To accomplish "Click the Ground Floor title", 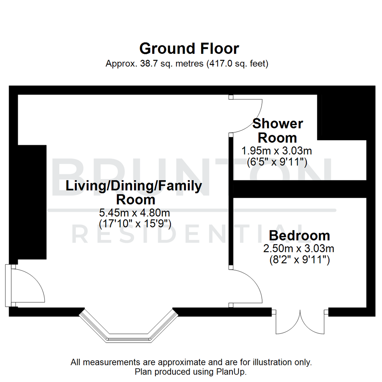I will click(189, 48).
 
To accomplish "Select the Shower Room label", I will click(277, 131).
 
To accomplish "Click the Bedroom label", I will click(299, 235).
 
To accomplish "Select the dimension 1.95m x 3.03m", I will click(276, 151).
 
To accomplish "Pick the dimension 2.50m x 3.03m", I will click(299, 249).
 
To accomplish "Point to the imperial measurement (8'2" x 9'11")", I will click(299, 260).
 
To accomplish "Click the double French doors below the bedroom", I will click(300, 322).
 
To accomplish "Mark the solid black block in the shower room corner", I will click(342, 117).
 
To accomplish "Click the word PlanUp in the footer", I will click(232, 372).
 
